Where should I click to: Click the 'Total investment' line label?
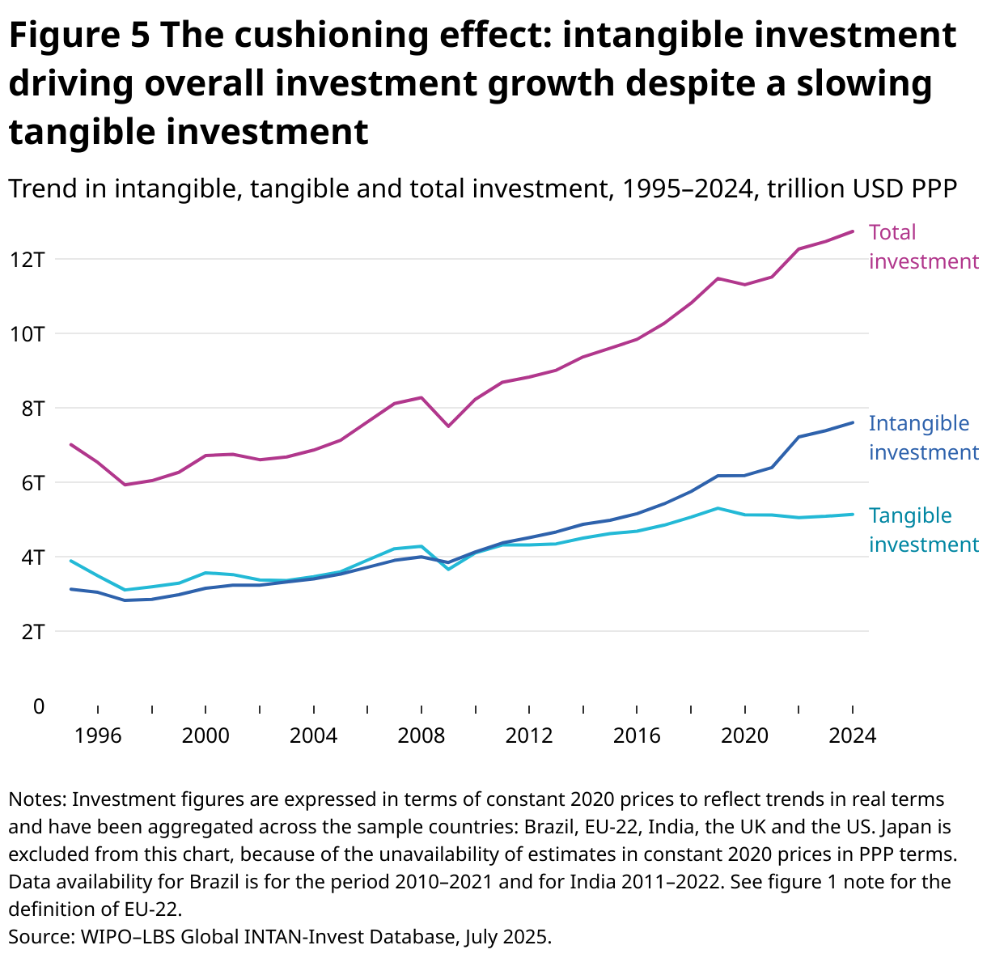pos(923,247)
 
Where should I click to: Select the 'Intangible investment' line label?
pos(923,438)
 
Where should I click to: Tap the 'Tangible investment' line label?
pos(923,530)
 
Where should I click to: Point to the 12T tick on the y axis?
pos(28,260)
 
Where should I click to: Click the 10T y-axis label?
pos(28,334)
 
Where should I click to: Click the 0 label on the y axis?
pos(39,706)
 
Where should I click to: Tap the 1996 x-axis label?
pos(98,736)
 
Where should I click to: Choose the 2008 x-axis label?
pos(421,736)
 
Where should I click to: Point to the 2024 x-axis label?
pos(853,736)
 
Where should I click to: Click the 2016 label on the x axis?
pos(637,736)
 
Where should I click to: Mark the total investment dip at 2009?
pos(448,426)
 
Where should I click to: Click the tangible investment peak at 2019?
pos(718,508)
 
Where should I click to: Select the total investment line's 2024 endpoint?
pos(852,231)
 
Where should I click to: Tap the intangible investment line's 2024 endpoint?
pos(852,422)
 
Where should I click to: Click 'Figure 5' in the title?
pos(79,36)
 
